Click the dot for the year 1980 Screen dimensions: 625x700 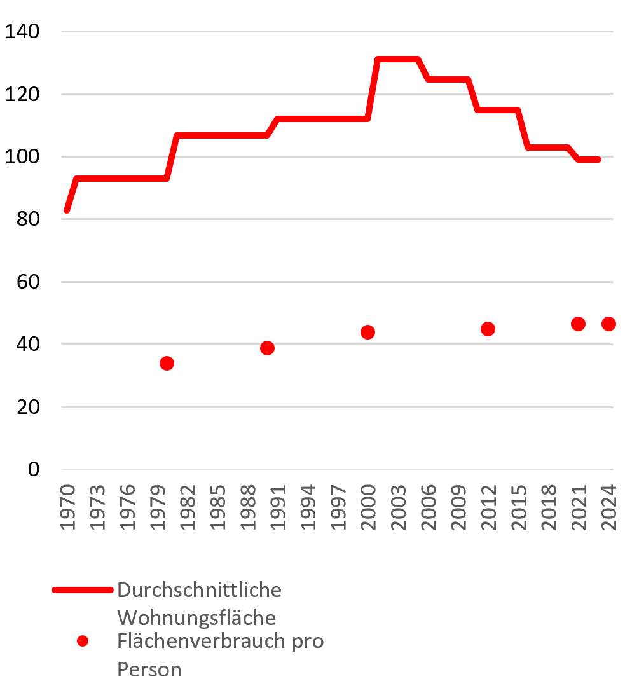click(167, 364)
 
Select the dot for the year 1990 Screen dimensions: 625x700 click(267, 348)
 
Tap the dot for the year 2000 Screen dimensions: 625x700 click(367, 332)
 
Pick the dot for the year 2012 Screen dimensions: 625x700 click(488, 329)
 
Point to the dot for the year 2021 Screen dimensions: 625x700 click(578, 324)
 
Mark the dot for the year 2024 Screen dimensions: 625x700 click(608, 324)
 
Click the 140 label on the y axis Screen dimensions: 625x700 click(22, 32)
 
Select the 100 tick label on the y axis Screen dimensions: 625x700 click(22, 156)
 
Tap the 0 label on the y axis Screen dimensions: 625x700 click(34, 470)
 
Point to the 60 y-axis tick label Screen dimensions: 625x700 click(28, 282)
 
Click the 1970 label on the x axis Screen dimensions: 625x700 click(67, 507)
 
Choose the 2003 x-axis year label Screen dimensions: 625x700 click(398, 507)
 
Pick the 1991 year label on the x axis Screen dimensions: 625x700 click(278, 507)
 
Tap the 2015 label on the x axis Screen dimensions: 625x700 click(519, 507)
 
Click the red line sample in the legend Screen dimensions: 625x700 click(83, 590)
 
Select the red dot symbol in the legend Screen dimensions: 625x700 click(83, 642)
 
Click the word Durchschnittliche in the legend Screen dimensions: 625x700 click(199, 590)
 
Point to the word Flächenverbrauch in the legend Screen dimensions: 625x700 click(202, 641)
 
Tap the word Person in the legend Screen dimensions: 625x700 click(149, 669)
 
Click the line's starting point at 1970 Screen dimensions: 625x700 click(67, 210)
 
